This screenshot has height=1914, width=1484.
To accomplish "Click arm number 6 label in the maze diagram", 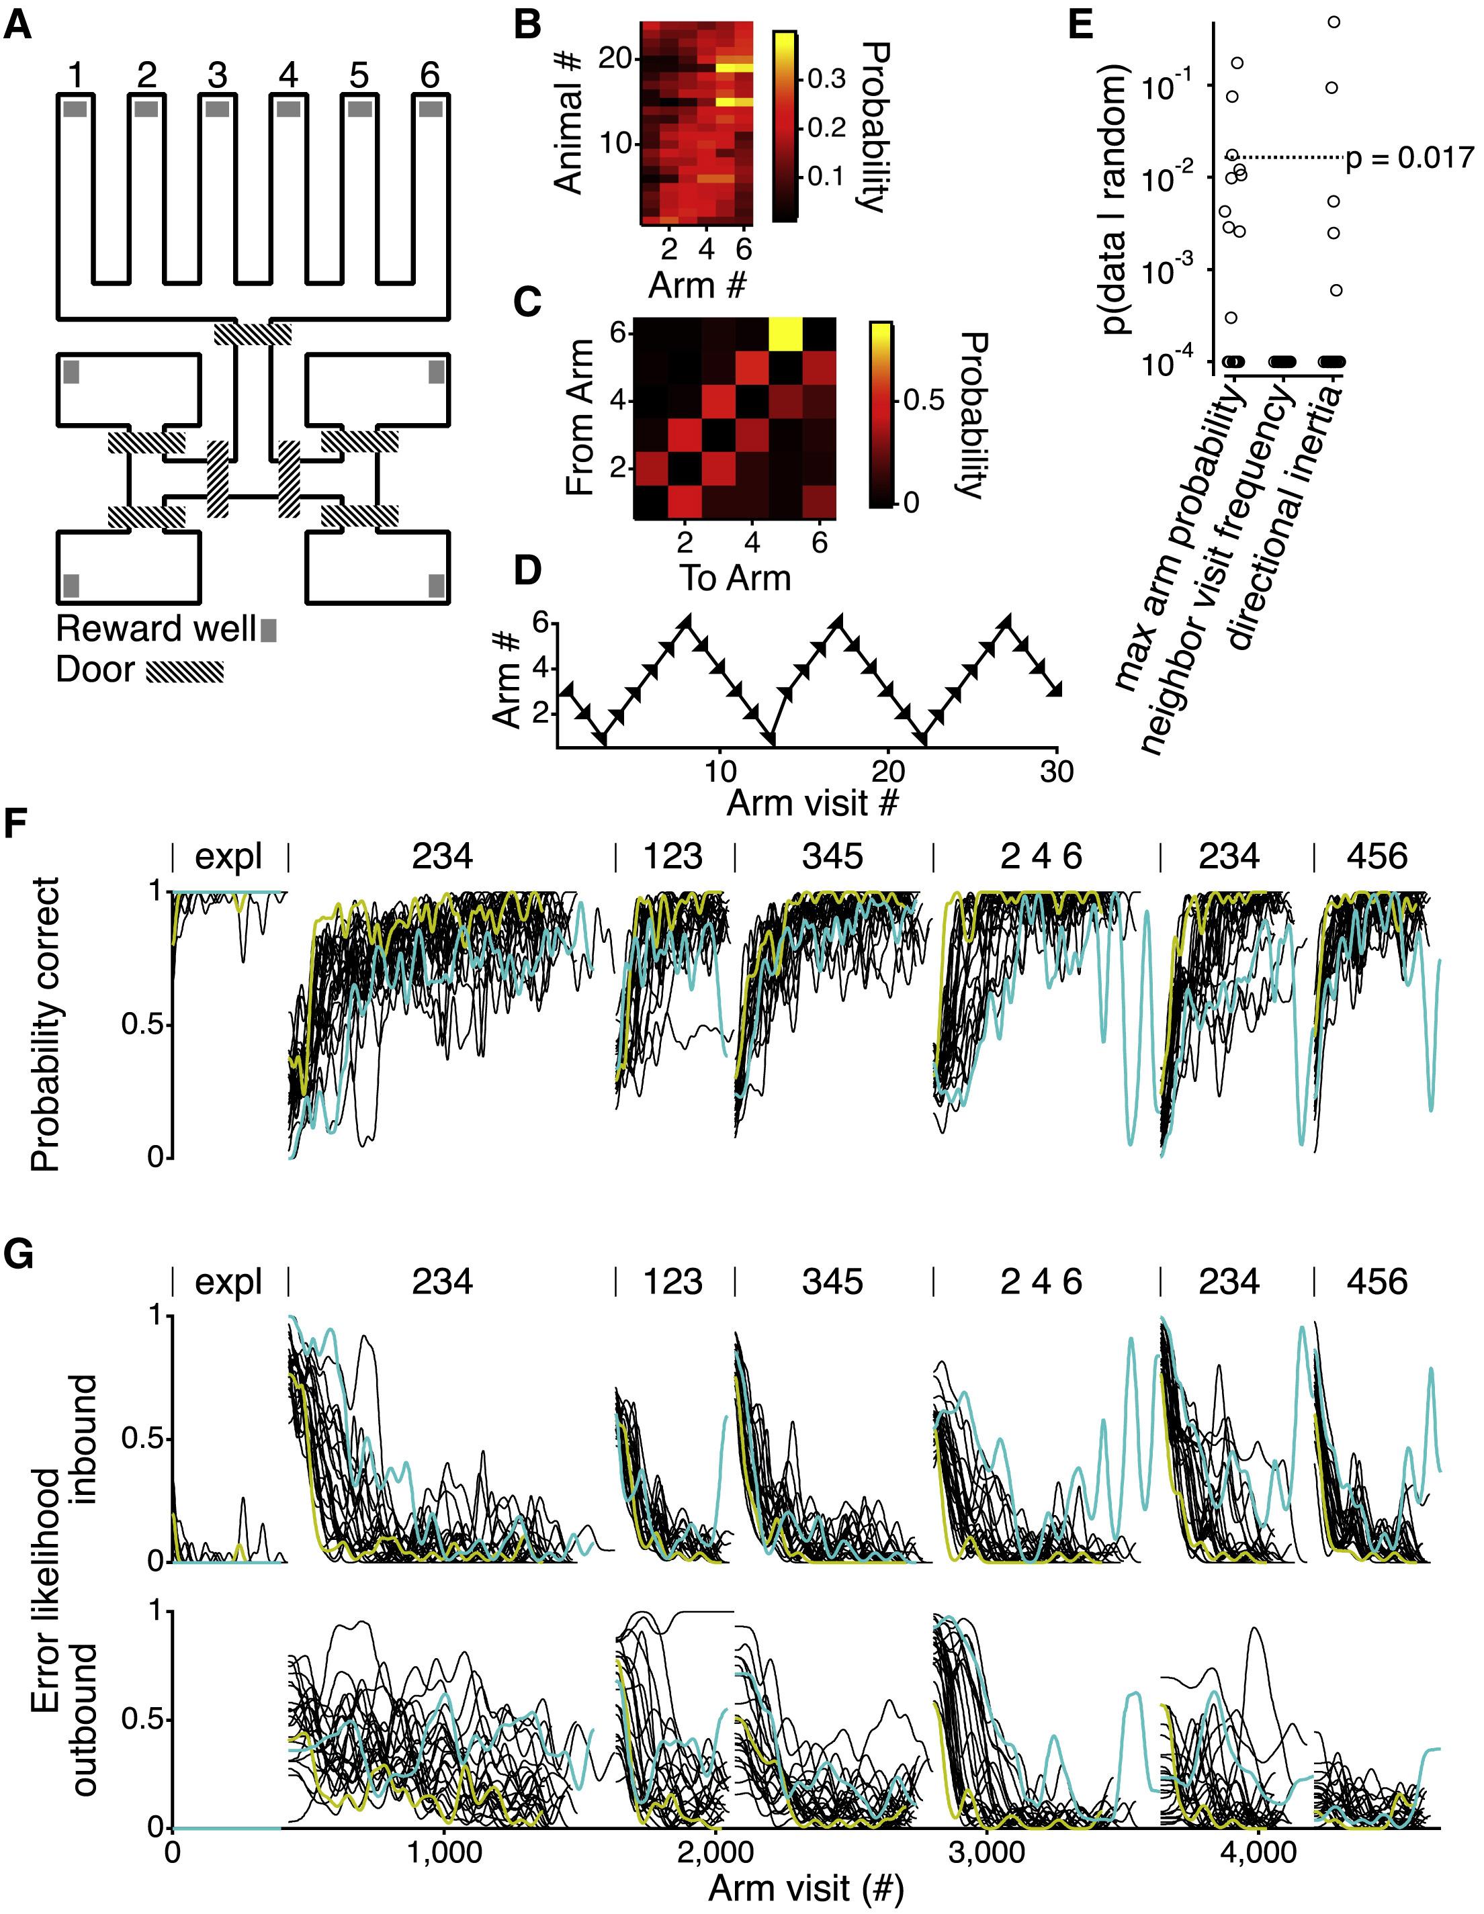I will pyautogui.click(x=429, y=75).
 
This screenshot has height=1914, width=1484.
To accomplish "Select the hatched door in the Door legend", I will pyautogui.click(x=184, y=672).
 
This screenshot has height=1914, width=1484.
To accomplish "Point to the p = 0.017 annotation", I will pyautogui.click(x=1410, y=158).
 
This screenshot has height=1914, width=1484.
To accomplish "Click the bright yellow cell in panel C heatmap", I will pyautogui.click(x=785, y=334).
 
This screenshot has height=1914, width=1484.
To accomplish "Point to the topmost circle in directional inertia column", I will pyautogui.click(x=1334, y=22).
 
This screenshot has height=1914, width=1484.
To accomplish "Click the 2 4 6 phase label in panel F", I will pyautogui.click(x=1041, y=856).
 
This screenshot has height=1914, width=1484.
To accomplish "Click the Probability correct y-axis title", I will pyautogui.click(x=46, y=1023).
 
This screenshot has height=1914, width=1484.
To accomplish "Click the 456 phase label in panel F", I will pyautogui.click(x=1378, y=856).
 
